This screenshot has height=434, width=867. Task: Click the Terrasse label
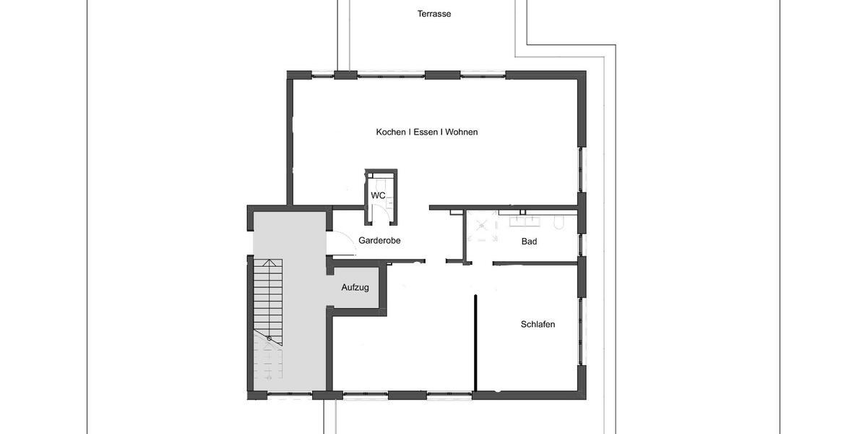[434, 14]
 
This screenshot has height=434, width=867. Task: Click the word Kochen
[391, 132]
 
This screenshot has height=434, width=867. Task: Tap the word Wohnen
[462, 132]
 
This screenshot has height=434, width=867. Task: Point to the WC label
[378, 196]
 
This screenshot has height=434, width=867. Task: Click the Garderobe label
[379, 241]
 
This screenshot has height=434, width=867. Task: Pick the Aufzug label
[355, 288]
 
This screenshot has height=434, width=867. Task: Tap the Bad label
[530, 242]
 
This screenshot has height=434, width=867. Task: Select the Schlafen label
[538, 325]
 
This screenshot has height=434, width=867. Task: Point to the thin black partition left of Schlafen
[475, 344]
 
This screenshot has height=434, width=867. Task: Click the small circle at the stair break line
[269, 339]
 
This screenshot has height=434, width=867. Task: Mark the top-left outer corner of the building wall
[288, 71]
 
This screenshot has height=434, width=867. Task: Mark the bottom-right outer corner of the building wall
[586, 399]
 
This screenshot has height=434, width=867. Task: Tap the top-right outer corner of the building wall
[586, 71]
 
